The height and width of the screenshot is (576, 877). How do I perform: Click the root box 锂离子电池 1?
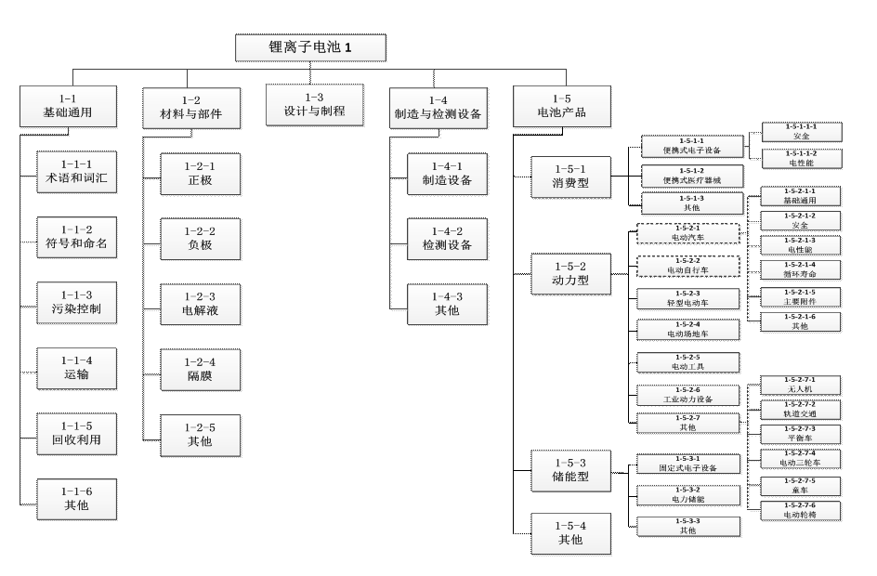pos(310,47)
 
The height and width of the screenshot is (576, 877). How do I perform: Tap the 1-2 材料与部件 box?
pos(191,108)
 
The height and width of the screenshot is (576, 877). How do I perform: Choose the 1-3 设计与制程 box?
pos(314,104)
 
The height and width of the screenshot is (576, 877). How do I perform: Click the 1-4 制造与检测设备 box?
pos(438,108)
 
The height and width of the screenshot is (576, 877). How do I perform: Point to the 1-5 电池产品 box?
pos(561,106)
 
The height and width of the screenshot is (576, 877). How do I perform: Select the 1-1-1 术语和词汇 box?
pos(76,172)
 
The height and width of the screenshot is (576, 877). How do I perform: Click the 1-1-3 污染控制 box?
pos(76,303)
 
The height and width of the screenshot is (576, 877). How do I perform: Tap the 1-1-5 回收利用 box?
pos(76,434)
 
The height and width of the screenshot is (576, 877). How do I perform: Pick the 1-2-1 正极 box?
pos(200,174)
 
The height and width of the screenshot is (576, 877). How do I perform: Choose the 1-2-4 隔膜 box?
pos(200,370)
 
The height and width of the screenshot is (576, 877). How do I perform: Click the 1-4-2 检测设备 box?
pos(447,239)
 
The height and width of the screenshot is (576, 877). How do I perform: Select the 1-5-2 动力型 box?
pos(570,274)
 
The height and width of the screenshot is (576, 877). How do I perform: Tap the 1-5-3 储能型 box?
pos(570,470)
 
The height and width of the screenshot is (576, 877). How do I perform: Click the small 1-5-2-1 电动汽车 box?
pos(688,233)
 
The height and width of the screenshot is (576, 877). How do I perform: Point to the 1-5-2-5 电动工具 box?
pos(688,362)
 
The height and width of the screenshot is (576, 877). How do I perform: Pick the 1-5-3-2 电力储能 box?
pos(688,495)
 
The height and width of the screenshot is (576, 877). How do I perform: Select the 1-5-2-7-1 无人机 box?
pos(800,385)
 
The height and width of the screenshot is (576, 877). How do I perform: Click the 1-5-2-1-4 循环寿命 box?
pos(800,269)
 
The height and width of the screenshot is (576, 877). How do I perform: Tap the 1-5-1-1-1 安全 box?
pos(802,132)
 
